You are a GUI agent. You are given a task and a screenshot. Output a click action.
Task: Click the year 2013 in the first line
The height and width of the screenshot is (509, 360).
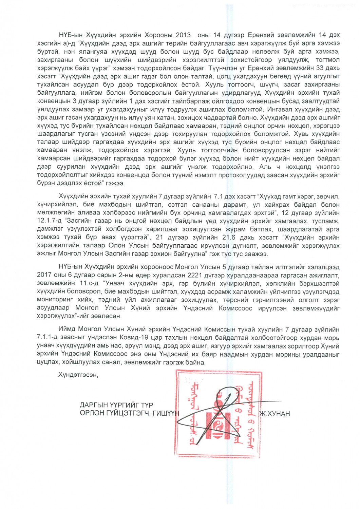point(186,35)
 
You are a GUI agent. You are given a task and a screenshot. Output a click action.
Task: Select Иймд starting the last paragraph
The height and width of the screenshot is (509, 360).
point(67,329)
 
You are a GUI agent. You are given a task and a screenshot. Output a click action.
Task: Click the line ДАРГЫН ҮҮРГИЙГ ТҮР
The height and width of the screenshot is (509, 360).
point(116,405)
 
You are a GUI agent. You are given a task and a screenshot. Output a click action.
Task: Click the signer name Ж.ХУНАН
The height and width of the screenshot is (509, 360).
point(275,414)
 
